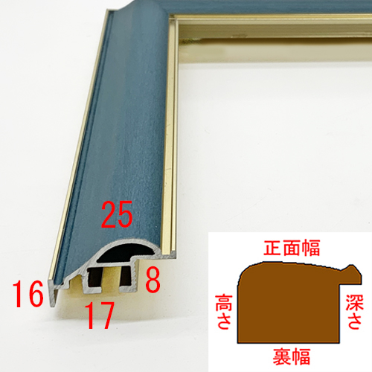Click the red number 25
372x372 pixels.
[117, 214]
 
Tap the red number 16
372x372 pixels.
[28, 294]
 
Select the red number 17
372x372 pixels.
[100, 315]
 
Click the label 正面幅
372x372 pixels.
[292, 248]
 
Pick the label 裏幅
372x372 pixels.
[292, 356]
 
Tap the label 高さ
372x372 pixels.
[224, 312]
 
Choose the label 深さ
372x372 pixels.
[355, 312]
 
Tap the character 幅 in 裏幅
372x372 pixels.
[301, 356]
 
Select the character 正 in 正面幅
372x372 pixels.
[272, 248]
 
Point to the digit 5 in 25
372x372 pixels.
[125, 214]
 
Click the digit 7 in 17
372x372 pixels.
[106, 315]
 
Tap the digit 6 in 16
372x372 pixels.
[36, 294]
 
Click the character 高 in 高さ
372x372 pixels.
[224, 303]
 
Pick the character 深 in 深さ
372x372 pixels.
[355, 303]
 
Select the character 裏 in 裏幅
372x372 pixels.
[282, 356]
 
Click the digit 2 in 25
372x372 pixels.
[109, 214]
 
